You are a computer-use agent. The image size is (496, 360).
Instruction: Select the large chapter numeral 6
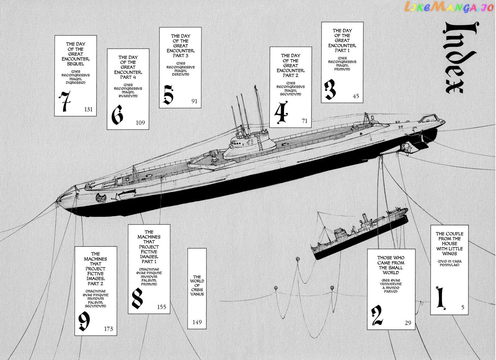pyautogui.click(x=117, y=115)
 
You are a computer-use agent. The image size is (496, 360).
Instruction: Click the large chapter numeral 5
pyautogui.click(x=169, y=95)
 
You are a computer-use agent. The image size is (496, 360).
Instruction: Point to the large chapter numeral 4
pyautogui.click(x=281, y=112)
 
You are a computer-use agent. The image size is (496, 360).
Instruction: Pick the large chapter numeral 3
pyautogui.click(x=330, y=89)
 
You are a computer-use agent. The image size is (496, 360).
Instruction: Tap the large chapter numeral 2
pyautogui.click(x=377, y=315)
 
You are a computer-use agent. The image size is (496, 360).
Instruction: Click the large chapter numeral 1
pyautogui.click(x=441, y=298)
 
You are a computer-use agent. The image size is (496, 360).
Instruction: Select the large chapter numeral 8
pyautogui.click(x=138, y=298)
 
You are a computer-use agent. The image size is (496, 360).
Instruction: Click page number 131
pyautogui.click(x=88, y=109)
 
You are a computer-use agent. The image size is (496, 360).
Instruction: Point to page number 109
pyautogui.click(x=140, y=123)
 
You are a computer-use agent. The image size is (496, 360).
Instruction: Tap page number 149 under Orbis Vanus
pyautogui.click(x=197, y=322)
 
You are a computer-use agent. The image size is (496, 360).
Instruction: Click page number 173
pyautogui.click(x=108, y=329)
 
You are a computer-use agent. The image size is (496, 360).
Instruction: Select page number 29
pyautogui.click(x=408, y=323)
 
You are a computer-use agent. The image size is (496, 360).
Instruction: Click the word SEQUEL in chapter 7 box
pyautogui.click(x=76, y=64)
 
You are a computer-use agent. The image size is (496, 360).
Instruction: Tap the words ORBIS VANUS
pyautogui.click(x=197, y=292)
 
